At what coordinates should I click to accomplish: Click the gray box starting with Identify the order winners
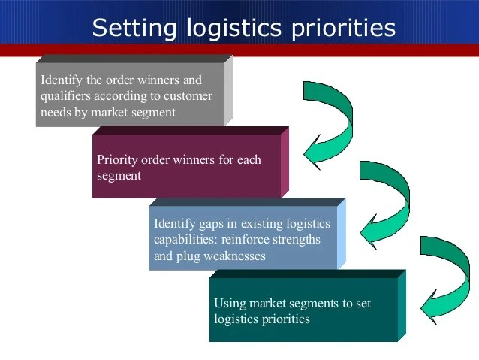(x=129, y=95)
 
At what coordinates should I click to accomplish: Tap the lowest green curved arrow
(x=446, y=278)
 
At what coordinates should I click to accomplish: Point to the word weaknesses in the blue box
(x=231, y=256)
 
